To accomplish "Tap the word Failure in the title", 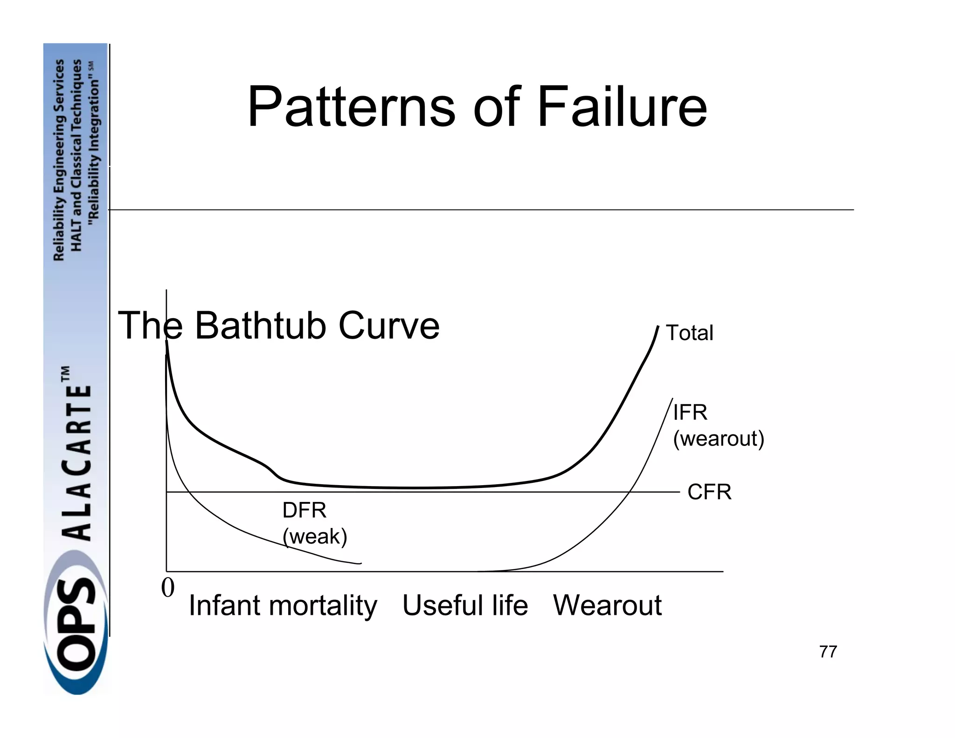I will pyautogui.click(x=622, y=107).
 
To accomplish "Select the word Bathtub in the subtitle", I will pyautogui.click(x=262, y=326).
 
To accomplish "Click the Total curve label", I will pyautogui.click(x=689, y=333).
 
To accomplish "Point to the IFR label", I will pyautogui.click(x=690, y=412).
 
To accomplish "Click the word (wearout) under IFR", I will pyautogui.click(x=718, y=439).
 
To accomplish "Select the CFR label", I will pyautogui.click(x=709, y=492).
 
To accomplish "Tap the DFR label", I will pyautogui.click(x=304, y=510).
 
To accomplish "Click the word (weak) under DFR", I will pyautogui.click(x=315, y=536).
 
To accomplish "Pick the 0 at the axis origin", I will pyautogui.click(x=168, y=587).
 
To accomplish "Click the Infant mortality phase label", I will pyautogui.click(x=283, y=606).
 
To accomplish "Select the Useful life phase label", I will pyautogui.click(x=465, y=606).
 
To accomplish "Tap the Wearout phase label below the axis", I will pyautogui.click(x=607, y=606).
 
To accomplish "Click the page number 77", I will pyautogui.click(x=828, y=652).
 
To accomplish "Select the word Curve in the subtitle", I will pyautogui.click(x=389, y=326).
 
